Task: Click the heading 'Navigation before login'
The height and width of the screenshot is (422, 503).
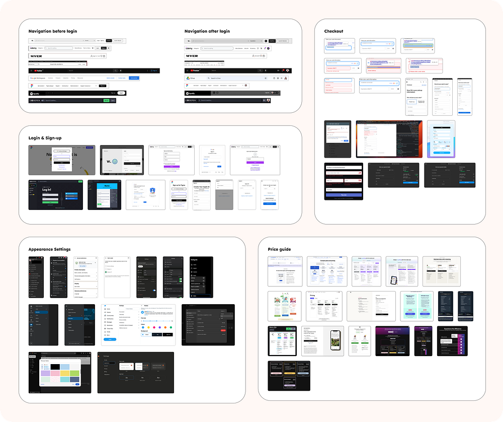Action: coord(53,31)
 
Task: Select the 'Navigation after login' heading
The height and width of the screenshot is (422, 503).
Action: coord(207,31)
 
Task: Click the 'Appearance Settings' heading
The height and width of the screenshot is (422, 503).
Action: coord(49,249)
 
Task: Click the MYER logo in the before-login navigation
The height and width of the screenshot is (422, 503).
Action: coord(36,56)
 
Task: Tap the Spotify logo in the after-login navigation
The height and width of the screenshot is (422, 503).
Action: coord(191,93)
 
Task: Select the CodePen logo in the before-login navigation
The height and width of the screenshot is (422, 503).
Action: coord(38,101)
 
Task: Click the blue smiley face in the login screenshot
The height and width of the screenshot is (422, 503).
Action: coord(115,162)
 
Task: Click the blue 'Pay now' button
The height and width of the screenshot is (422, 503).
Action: coord(344,194)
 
